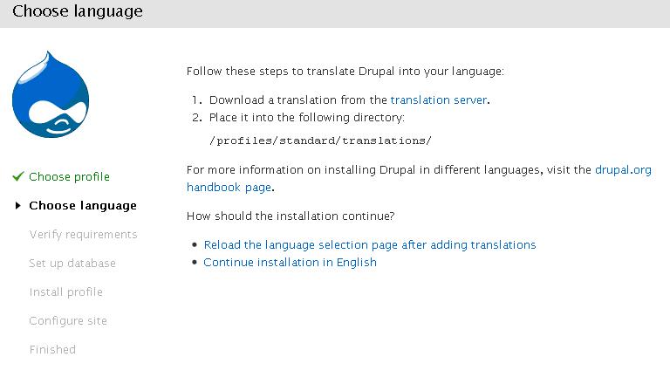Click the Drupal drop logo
tap(51, 95)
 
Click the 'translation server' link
tap(439, 100)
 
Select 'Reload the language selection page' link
tap(370, 245)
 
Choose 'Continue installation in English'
tap(290, 263)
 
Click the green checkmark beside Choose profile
tap(18, 176)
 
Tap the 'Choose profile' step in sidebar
tap(69, 176)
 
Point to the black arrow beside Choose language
tap(18, 206)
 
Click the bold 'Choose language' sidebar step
tap(83, 206)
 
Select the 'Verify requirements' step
tap(84, 234)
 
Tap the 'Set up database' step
tap(72, 264)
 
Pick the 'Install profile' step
tap(65, 292)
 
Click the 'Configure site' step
tap(68, 321)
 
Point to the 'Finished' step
tap(52, 350)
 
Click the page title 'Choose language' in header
tap(78, 11)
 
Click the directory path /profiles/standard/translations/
tap(320, 141)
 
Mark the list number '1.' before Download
tap(197, 100)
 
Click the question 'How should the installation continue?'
tap(291, 216)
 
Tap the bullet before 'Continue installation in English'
tap(195, 262)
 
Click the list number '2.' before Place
tap(197, 118)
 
